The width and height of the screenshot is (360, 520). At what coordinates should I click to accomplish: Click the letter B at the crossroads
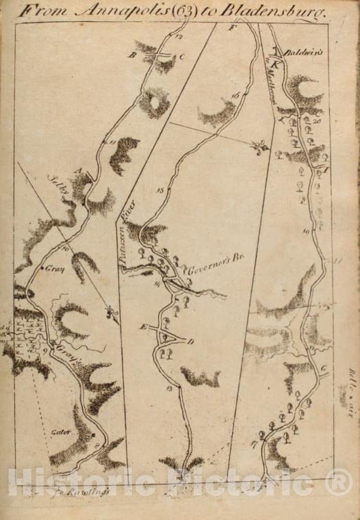pyautogui.click(x=133, y=55)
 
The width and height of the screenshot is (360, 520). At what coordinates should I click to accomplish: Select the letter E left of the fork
pyautogui.click(x=144, y=328)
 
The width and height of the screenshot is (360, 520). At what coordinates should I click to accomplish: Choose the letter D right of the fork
pyautogui.click(x=191, y=341)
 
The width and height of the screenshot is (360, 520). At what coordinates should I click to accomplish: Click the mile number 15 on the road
pyautogui.click(x=159, y=190)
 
